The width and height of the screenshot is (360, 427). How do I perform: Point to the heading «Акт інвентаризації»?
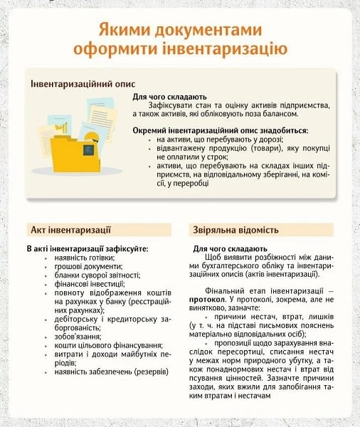(72, 230)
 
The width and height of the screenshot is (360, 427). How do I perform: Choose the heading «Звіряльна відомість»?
(234, 230)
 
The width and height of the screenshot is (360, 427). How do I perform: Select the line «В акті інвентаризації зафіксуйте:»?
(87, 248)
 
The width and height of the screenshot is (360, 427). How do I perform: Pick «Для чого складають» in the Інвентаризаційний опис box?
(170, 96)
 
